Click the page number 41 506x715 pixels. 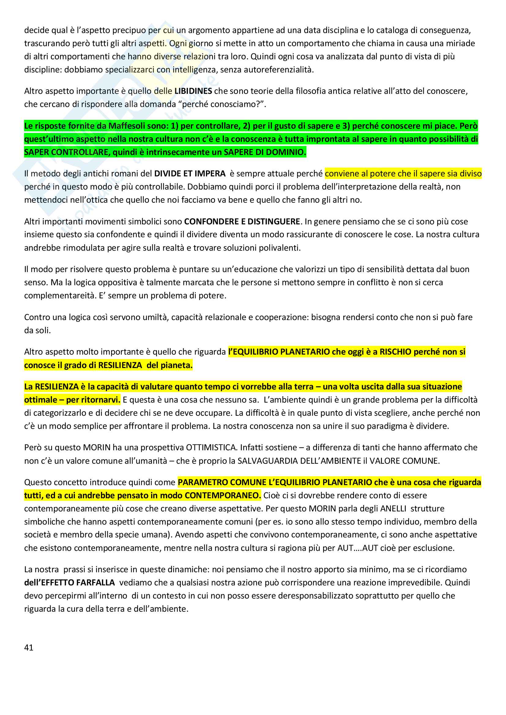(x=29, y=647)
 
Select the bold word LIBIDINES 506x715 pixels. (x=193, y=91)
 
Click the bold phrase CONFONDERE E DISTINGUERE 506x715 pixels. (x=242, y=221)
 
